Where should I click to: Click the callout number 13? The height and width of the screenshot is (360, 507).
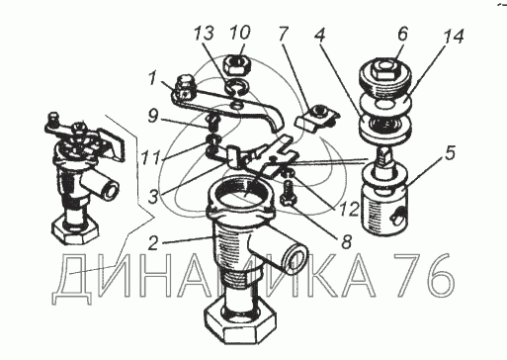tap(204, 34)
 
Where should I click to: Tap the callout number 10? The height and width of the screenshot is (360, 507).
tap(240, 33)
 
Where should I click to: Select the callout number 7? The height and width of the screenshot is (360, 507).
tap(283, 34)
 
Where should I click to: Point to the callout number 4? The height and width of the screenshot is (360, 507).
tap(319, 36)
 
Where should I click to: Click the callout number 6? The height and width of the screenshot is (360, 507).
tap(402, 34)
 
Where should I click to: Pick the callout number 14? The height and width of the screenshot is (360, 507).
tap(454, 37)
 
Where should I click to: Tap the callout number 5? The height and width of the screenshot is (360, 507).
tap(450, 153)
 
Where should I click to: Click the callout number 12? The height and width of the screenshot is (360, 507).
tap(349, 208)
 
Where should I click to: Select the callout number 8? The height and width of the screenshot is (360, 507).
tap(346, 241)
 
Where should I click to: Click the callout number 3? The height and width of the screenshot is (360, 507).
tap(153, 196)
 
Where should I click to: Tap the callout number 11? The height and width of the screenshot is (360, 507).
tap(151, 157)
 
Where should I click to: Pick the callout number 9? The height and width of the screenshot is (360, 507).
tap(153, 116)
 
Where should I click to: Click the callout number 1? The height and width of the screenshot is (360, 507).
tap(152, 78)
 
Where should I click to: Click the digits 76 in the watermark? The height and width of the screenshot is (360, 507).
tap(423, 276)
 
